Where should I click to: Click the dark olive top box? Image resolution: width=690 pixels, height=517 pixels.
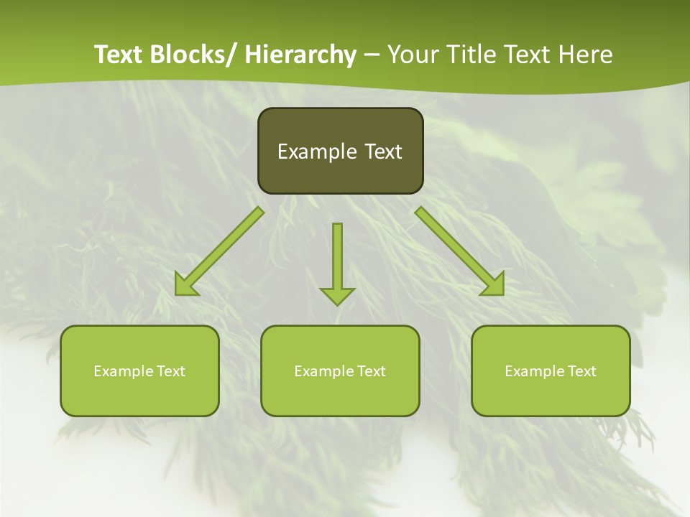tap(340, 151)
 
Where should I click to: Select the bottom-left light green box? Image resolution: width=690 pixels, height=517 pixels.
tap(139, 371)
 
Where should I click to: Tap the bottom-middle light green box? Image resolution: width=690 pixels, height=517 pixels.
tap(340, 371)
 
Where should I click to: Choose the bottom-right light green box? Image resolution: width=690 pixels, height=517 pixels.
tap(551, 371)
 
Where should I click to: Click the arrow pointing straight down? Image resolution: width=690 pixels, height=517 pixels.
tap(337, 262)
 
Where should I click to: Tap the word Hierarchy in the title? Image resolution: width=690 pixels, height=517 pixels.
tap(300, 55)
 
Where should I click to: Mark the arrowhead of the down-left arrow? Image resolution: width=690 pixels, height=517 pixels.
tap(185, 285)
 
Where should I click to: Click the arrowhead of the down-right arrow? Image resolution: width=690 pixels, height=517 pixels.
tap(494, 285)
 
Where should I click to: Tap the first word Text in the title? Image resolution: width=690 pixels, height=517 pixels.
tap(119, 55)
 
